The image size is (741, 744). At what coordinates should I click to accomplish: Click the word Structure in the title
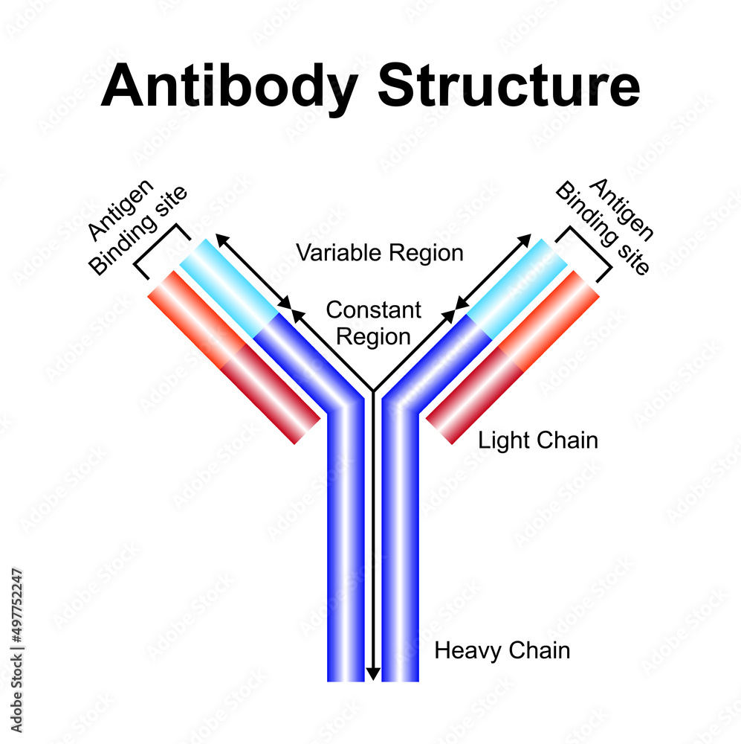click(x=508, y=86)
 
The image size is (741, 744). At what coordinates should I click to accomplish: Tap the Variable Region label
click(x=380, y=253)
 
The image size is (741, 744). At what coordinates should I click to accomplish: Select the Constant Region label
click(x=373, y=323)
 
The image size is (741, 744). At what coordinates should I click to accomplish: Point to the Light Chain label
click(x=537, y=440)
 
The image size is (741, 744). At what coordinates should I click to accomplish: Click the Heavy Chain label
click(x=502, y=651)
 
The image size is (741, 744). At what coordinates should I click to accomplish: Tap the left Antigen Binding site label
click(x=137, y=226)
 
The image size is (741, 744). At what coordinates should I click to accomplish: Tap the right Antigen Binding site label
click(x=604, y=226)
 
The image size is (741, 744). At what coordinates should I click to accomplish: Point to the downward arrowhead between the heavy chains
click(x=373, y=674)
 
